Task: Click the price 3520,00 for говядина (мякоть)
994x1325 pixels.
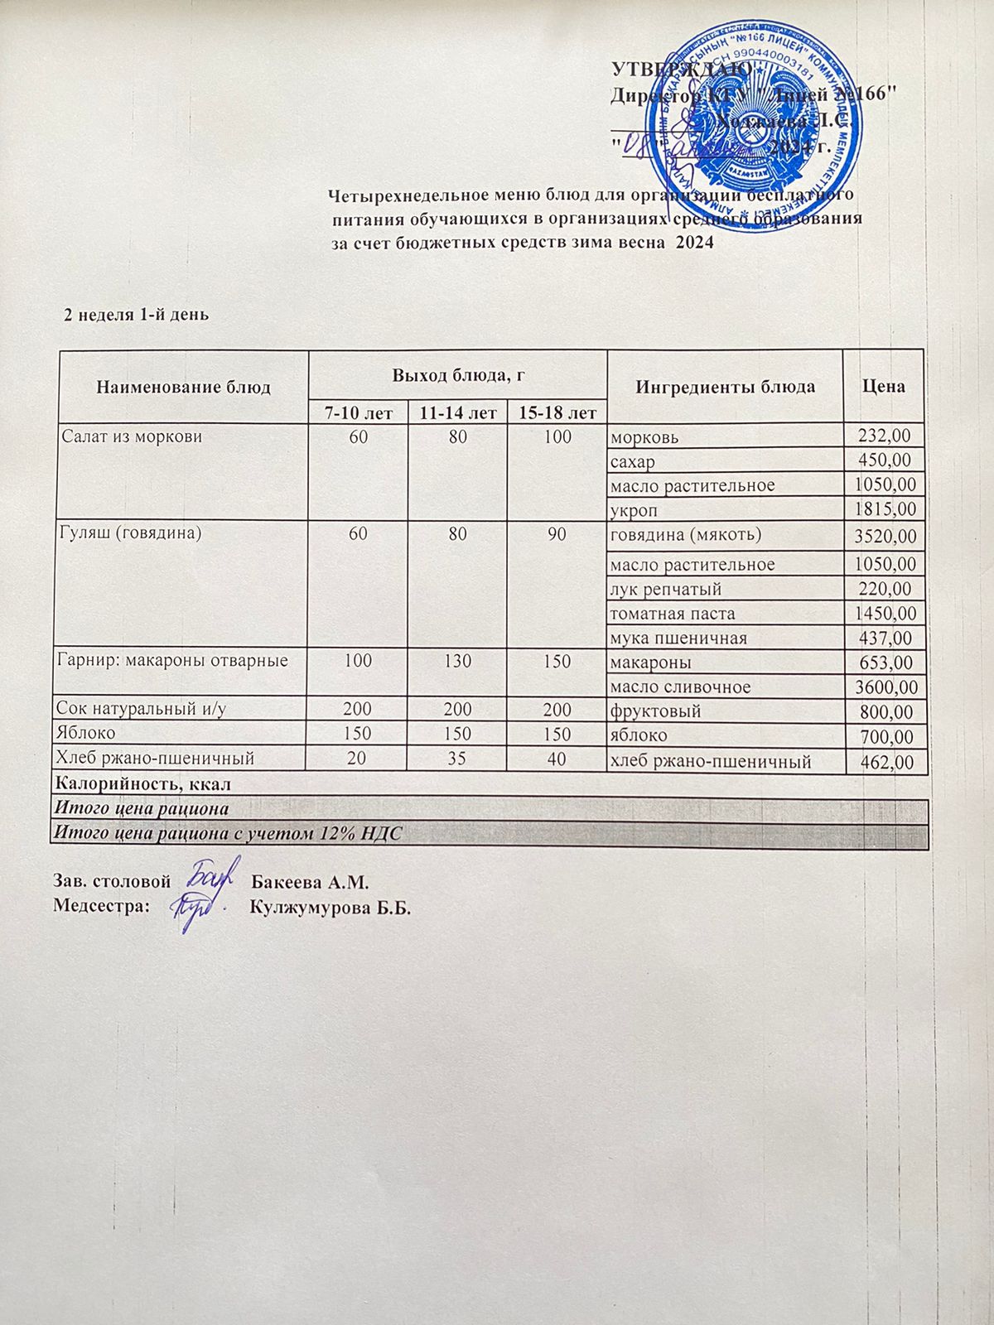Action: click(885, 537)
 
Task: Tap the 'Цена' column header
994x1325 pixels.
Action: click(884, 386)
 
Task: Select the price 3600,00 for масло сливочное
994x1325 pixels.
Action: click(885, 688)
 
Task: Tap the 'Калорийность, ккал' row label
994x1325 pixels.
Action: click(142, 784)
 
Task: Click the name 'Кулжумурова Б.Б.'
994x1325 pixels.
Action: click(331, 908)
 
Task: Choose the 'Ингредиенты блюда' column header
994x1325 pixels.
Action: click(725, 387)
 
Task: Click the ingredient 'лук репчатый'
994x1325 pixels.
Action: click(665, 590)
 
